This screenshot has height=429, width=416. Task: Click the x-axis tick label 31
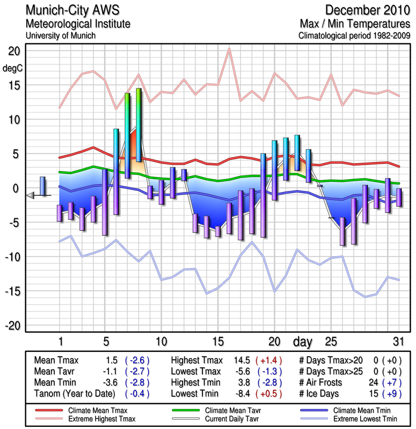click(397, 342)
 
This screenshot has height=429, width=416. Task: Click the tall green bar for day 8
click(139, 124)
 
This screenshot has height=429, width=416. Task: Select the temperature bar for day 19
click(263, 195)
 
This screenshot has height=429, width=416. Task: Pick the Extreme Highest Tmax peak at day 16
click(229, 49)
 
